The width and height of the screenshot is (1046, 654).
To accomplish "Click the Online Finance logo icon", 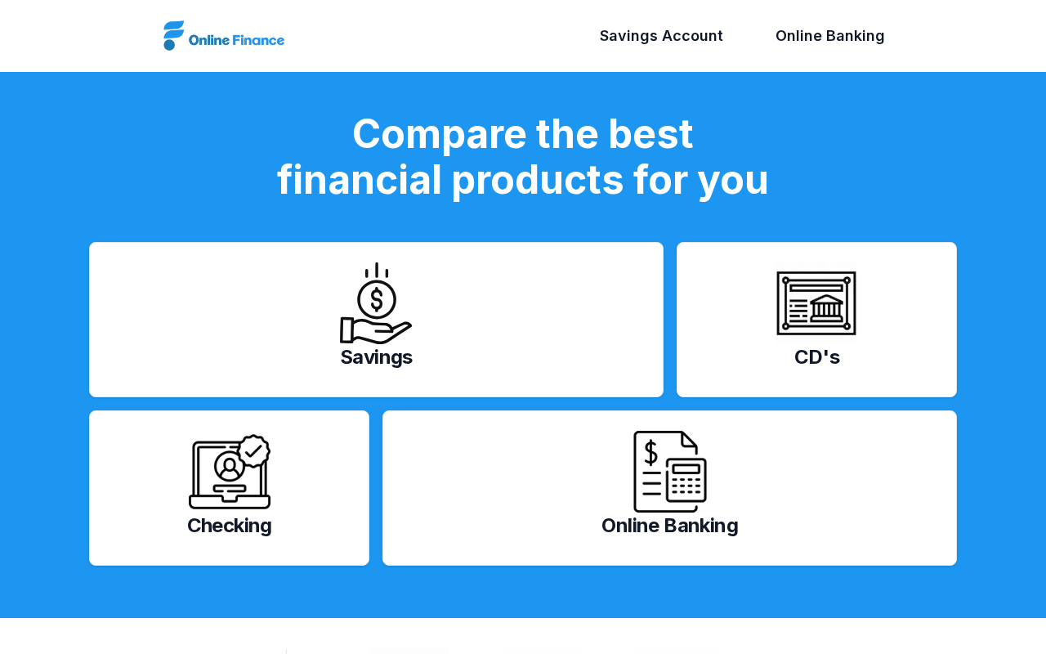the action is [173, 35].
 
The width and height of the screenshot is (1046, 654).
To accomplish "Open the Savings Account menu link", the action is [661, 36].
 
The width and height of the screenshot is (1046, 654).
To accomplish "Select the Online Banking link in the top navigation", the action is [829, 36].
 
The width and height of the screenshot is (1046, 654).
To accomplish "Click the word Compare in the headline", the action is [439, 136].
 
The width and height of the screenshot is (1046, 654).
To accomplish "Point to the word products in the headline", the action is [537, 181].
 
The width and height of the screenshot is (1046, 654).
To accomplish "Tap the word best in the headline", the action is [650, 134].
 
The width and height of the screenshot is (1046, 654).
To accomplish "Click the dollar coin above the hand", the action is [377, 299].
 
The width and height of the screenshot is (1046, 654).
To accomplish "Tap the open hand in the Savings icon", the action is [375, 330].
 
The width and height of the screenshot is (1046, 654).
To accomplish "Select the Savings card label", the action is [377, 357].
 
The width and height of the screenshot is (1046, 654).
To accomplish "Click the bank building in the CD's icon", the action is [826, 308].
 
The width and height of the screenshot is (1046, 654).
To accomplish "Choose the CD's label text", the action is [816, 357].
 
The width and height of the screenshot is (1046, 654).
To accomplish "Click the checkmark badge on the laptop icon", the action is [253, 450].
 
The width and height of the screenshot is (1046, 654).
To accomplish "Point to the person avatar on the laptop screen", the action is [230, 467].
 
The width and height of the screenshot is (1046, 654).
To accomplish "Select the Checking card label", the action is [230, 526].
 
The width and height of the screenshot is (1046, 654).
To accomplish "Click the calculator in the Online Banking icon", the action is [686, 480].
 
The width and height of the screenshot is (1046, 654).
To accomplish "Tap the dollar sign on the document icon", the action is [651, 452].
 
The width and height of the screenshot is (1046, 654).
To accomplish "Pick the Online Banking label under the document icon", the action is [669, 526].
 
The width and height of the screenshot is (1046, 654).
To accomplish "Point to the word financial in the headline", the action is [359, 180].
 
